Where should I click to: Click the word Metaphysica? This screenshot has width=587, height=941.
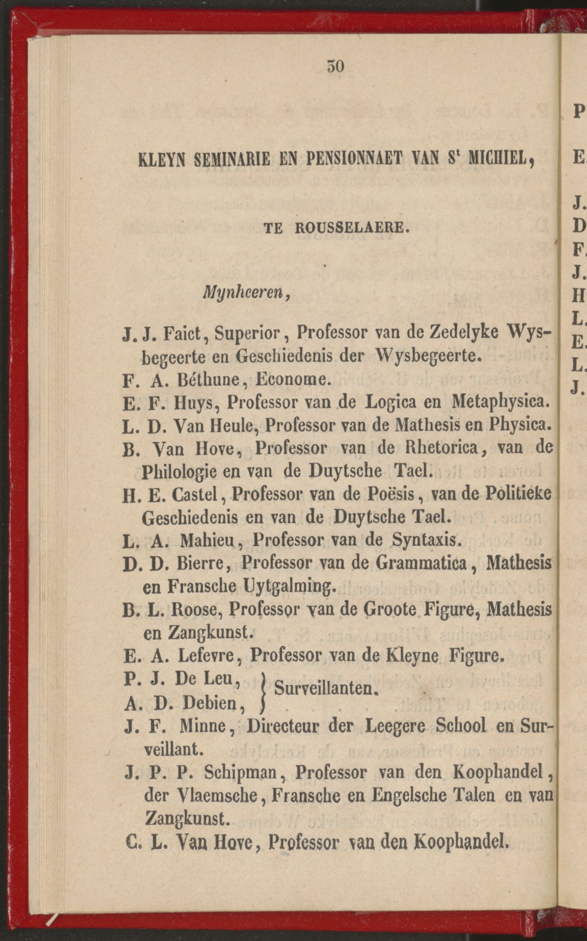click(501, 402)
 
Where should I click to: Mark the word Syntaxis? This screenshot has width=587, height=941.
click(426, 540)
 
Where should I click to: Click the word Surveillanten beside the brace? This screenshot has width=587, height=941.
click(325, 688)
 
